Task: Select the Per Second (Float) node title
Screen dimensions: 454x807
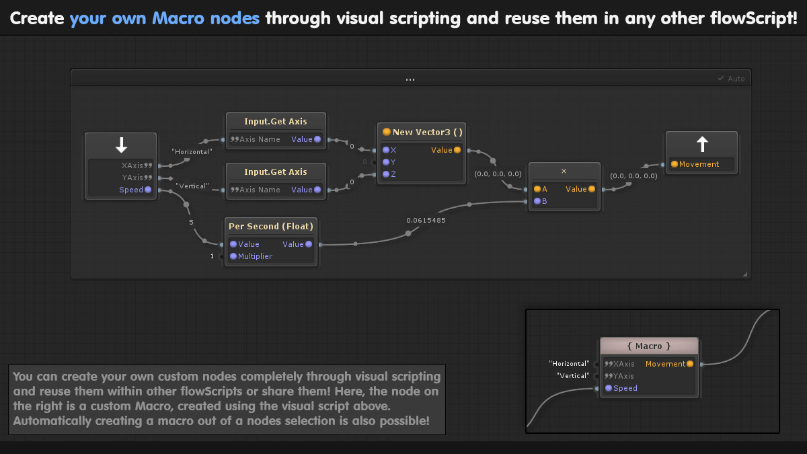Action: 271,227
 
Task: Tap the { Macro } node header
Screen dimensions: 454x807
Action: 649,346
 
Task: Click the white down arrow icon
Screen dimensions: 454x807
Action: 121,145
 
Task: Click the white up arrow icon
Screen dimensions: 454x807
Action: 702,144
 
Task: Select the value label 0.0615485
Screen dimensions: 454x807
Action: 426,220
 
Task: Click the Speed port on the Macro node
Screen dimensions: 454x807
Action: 625,388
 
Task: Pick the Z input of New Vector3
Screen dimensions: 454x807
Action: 393,174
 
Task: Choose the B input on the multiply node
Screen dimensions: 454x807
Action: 544,201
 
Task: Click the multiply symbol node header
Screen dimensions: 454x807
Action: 564,172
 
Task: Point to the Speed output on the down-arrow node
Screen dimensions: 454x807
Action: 131,190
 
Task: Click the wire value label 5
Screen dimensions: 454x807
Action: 191,221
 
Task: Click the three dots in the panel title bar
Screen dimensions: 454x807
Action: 410,79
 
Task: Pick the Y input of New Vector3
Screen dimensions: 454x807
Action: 393,162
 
